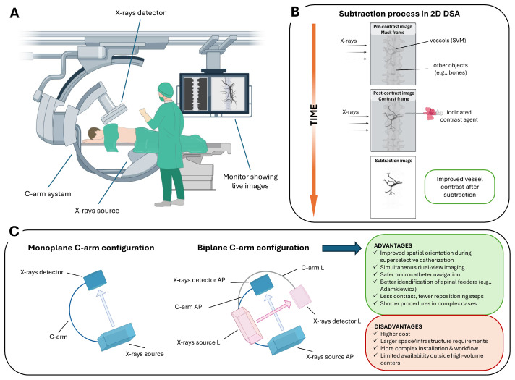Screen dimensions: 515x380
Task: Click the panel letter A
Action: coord(14,13)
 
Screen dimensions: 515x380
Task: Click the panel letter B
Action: coord(295,12)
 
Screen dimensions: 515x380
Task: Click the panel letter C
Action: coord(14,231)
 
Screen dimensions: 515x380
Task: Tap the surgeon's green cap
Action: coord(165,90)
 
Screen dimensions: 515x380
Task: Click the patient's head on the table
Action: coord(95,132)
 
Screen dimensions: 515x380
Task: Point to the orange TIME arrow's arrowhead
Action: coord(314,205)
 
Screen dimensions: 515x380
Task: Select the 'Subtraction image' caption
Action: coord(393,161)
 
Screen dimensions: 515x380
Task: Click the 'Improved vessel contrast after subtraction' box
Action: coord(459,187)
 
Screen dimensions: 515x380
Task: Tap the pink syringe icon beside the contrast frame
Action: coord(432,113)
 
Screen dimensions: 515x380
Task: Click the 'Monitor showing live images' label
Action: coord(250,181)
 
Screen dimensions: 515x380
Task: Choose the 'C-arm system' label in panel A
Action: coord(48,193)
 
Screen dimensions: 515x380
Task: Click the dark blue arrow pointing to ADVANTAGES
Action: coord(341,248)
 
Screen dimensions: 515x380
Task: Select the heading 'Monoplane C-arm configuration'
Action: coord(91,248)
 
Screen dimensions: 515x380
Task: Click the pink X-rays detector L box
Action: coord(300,297)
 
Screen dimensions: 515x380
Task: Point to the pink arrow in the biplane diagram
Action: coord(274,311)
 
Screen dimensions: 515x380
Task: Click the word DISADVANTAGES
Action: coord(398,326)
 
